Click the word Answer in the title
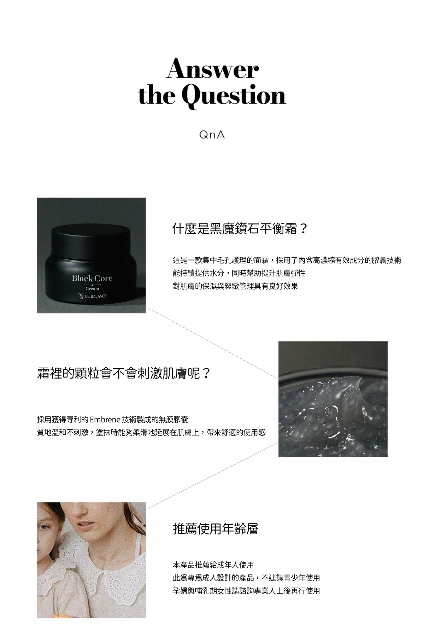coord(212,69)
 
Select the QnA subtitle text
coord(212,135)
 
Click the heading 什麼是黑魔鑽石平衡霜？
coord(240,229)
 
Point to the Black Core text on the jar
coord(92,278)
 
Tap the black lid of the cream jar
coord(91,240)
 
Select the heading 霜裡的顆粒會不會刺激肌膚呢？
coord(124,373)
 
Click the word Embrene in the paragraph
coord(105,420)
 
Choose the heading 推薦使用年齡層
coord(216,529)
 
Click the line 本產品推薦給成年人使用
coord(213,565)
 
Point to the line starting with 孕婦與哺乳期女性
coord(246,591)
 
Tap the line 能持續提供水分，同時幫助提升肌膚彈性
coord(239,273)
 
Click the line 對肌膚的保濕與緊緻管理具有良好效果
coord(235,286)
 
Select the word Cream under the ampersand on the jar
coord(92,289)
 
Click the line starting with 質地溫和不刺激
coord(151,432)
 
